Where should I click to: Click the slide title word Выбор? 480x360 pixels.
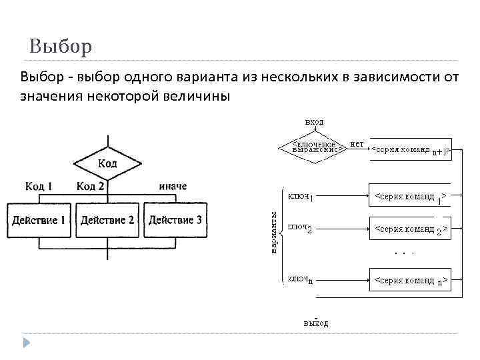pyautogui.click(x=61, y=48)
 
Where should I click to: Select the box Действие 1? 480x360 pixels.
pyautogui.click(x=39, y=220)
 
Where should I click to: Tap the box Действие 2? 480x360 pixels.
pyautogui.click(x=107, y=220)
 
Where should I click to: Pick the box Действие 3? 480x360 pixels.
pyautogui.click(x=175, y=220)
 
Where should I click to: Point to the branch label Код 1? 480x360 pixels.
pyautogui.click(x=39, y=186)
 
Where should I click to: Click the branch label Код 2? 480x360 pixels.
pyautogui.click(x=90, y=186)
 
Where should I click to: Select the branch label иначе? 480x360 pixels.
pyautogui.click(x=173, y=186)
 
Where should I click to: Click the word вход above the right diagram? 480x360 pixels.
pyautogui.click(x=314, y=122)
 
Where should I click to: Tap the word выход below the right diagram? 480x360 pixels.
pyautogui.click(x=315, y=323)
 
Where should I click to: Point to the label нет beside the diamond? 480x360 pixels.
pyautogui.click(x=357, y=143)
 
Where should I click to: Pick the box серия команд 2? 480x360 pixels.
pyautogui.click(x=410, y=230)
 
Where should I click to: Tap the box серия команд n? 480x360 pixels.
pyautogui.click(x=410, y=281)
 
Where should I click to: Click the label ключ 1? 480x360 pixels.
pyautogui.click(x=301, y=197)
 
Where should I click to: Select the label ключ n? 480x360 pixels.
pyautogui.click(x=301, y=279)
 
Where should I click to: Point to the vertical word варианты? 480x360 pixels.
pyautogui.click(x=274, y=232)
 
